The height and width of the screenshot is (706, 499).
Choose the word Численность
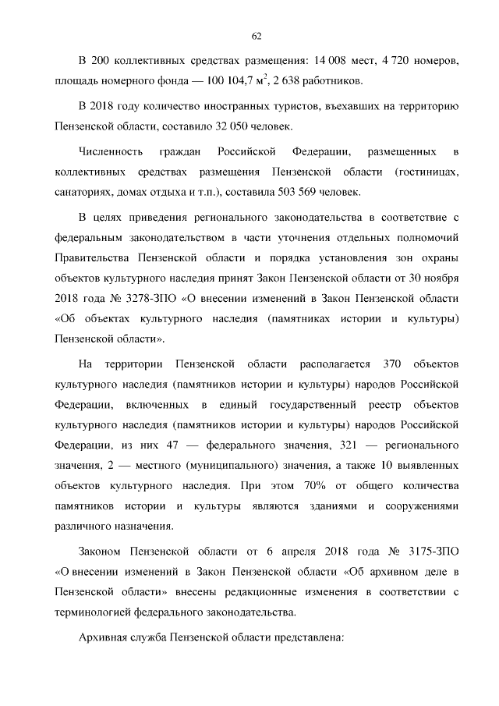pyautogui.click(x=111, y=149)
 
